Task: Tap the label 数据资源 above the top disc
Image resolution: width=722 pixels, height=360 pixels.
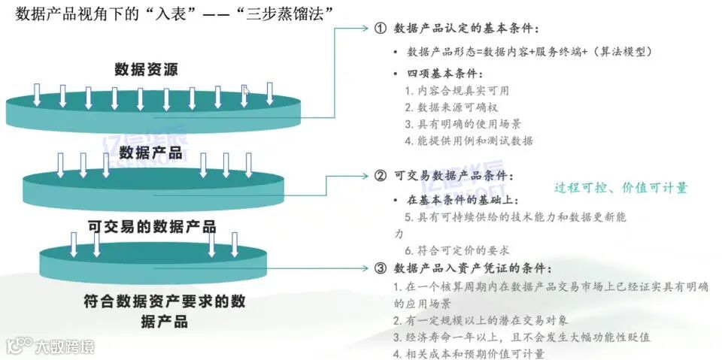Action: click(x=147, y=70)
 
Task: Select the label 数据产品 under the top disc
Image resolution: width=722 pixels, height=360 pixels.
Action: click(x=151, y=153)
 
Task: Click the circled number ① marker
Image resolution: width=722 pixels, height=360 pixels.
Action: click(x=380, y=29)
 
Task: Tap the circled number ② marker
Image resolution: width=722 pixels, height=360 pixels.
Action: click(x=380, y=176)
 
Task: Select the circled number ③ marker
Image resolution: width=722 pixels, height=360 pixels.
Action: click(x=380, y=268)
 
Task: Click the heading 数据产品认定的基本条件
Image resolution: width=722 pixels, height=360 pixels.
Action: click(x=466, y=29)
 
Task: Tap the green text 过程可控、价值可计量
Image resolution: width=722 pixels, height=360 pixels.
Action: click(x=620, y=188)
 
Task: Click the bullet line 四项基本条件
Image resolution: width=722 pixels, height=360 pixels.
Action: click(x=444, y=74)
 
